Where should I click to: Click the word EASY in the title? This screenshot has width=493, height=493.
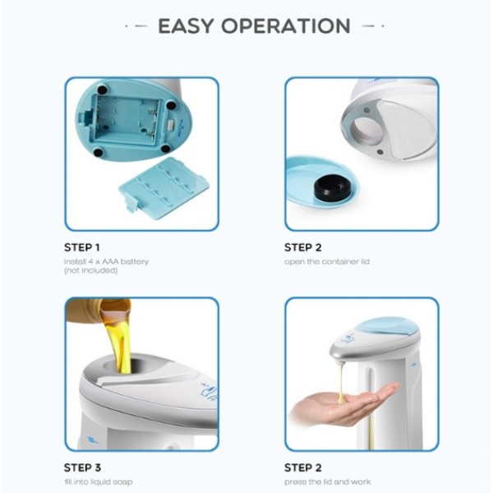click(187, 25)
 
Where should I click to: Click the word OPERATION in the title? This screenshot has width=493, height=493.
click(286, 25)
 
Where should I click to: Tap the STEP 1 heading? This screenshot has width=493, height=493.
click(82, 247)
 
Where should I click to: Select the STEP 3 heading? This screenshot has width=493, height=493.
click(82, 468)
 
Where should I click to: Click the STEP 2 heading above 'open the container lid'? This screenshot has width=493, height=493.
click(302, 247)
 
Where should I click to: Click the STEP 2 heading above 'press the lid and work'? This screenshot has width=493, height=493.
click(302, 468)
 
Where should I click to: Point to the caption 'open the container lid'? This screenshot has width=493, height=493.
click(327, 261)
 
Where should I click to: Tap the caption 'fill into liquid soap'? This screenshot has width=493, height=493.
click(99, 481)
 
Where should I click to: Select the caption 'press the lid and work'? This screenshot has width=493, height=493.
click(327, 481)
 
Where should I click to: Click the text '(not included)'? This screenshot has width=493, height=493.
click(91, 270)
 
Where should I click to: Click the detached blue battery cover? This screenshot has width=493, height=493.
click(164, 185)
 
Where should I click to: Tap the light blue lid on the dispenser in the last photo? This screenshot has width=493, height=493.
click(388, 326)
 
